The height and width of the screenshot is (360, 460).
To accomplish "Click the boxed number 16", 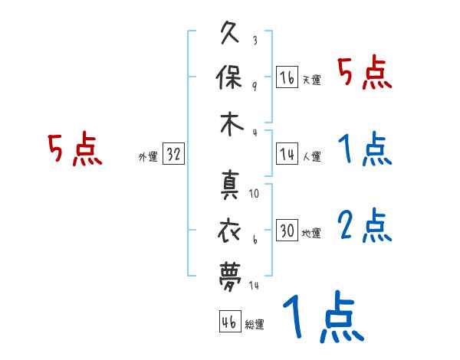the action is click(x=287, y=77).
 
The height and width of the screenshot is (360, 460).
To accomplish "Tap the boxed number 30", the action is click(x=287, y=231).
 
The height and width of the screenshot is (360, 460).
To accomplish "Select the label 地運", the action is click(x=311, y=232).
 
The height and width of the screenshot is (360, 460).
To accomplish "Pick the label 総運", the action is click(x=255, y=324).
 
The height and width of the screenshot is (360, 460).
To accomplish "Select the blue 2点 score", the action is click(x=365, y=226).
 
